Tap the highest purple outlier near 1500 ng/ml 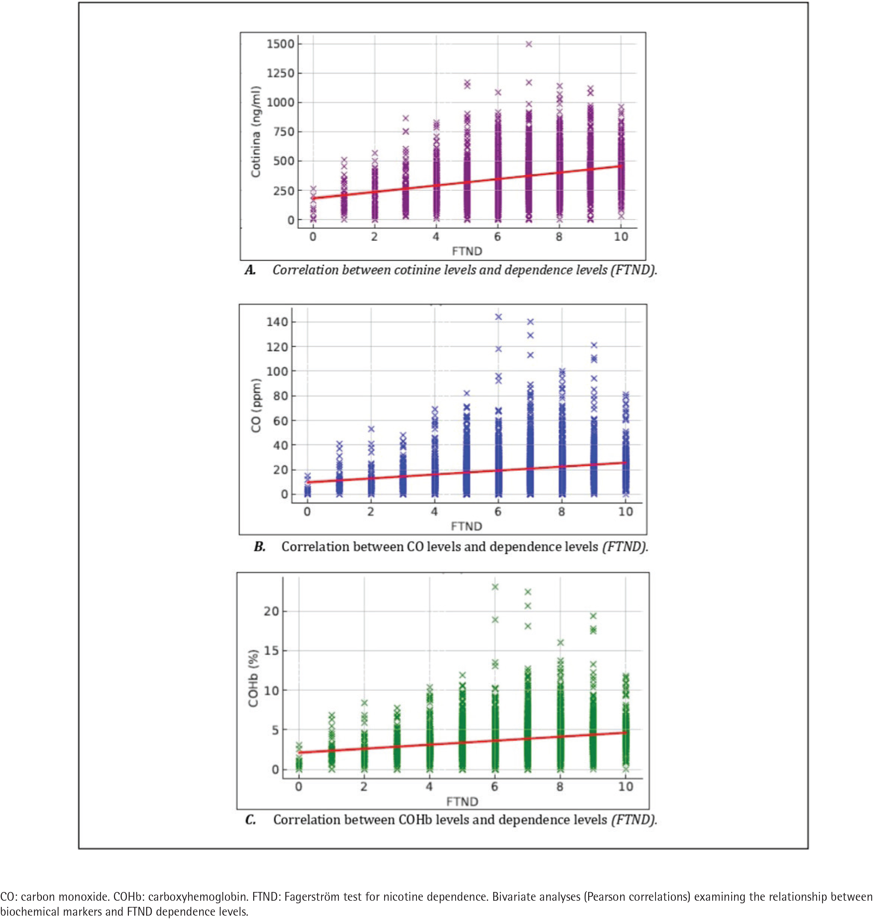(529, 44)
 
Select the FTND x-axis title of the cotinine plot (467, 252)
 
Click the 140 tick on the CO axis (277, 322)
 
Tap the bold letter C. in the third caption (250, 820)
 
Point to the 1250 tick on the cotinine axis (280, 73)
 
